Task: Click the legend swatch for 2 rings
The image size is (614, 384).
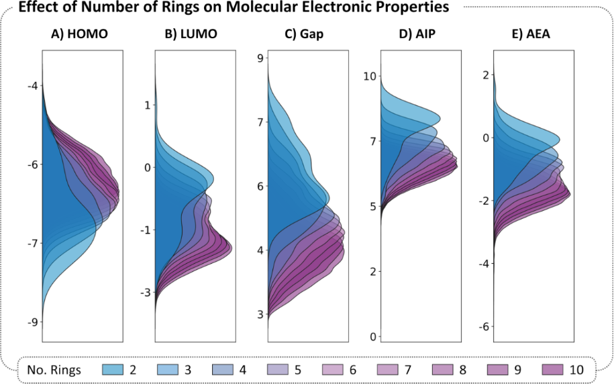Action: pyautogui.click(x=115, y=369)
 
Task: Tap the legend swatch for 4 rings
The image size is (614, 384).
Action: pyautogui.click(x=221, y=369)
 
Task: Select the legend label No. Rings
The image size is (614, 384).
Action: pyautogui.click(x=54, y=369)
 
